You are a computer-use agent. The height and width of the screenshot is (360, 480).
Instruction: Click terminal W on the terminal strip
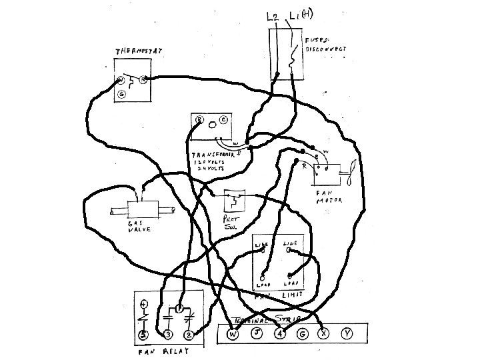pyautogui.click(x=233, y=334)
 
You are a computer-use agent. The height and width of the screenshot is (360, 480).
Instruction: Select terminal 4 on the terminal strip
pyautogui.click(x=281, y=334)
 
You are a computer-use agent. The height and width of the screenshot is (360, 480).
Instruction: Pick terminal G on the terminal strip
pyautogui.click(x=302, y=334)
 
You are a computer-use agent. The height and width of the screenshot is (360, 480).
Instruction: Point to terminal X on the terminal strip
pyautogui.click(x=325, y=334)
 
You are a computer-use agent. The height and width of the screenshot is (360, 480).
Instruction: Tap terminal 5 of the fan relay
pyautogui.click(x=143, y=334)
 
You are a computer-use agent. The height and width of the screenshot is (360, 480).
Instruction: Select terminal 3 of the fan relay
pyautogui.click(x=168, y=334)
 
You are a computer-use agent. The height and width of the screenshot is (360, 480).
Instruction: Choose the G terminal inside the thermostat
pyautogui.click(x=121, y=95)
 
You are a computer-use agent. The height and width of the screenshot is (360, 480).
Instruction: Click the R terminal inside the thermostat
pyautogui.click(x=143, y=79)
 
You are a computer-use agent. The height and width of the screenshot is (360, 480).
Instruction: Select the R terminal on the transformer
pyautogui.click(x=199, y=121)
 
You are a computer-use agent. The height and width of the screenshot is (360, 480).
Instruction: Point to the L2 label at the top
pyautogui.click(x=272, y=16)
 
